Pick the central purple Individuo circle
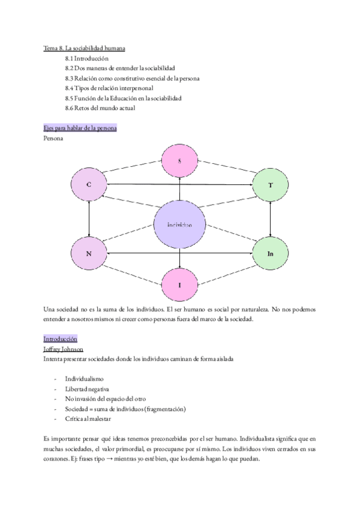click(x=180, y=225)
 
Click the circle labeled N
click(x=89, y=253)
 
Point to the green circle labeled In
click(x=271, y=253)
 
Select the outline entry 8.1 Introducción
click(x=86, y=58)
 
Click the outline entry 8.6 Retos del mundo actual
click(x=100, y=108)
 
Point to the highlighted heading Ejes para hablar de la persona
click(x=80, y=128)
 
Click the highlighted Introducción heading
click(x=60, y=339)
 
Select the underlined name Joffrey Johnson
click(x=63, y=349)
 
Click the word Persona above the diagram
click(x=54, y=138)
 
